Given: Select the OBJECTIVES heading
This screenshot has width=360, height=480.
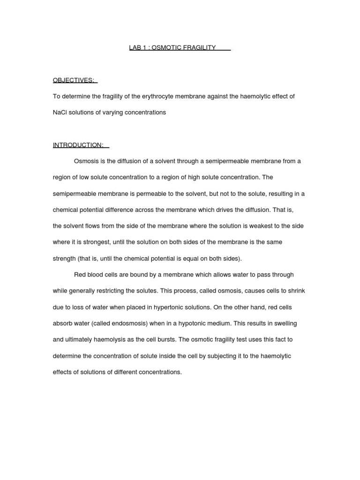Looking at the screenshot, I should pos(74,80).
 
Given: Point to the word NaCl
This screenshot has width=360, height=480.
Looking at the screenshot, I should pos(60,112).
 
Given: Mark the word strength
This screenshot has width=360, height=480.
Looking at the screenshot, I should pos(65,258).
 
